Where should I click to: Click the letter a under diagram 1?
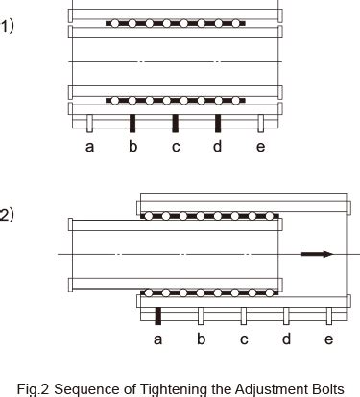click(x=90, y=146)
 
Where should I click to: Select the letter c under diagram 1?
click(x=175, y=146)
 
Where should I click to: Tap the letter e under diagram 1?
click(x=260, y=146)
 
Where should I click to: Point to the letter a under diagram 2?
click(x=157, y=339)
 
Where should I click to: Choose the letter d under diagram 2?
click(x=285, y=339)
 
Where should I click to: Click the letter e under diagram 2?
click(x=328, y=339)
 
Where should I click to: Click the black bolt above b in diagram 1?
click(x=132, y=123)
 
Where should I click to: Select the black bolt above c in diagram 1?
click(x=175, y=123)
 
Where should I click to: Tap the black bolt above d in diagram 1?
click(x=218, y=123)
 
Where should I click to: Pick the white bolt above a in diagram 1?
click(x=90, y=123)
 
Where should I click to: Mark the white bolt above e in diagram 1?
click(x=260, y=123)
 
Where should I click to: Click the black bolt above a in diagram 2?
click(x=157, y=315)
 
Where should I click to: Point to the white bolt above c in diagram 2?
click(x=243, y=315)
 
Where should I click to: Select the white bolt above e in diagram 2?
click(x=328, y=315)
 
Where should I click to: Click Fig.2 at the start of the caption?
click(x=34, y=387)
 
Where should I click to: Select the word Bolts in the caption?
click(x=324, y=387)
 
